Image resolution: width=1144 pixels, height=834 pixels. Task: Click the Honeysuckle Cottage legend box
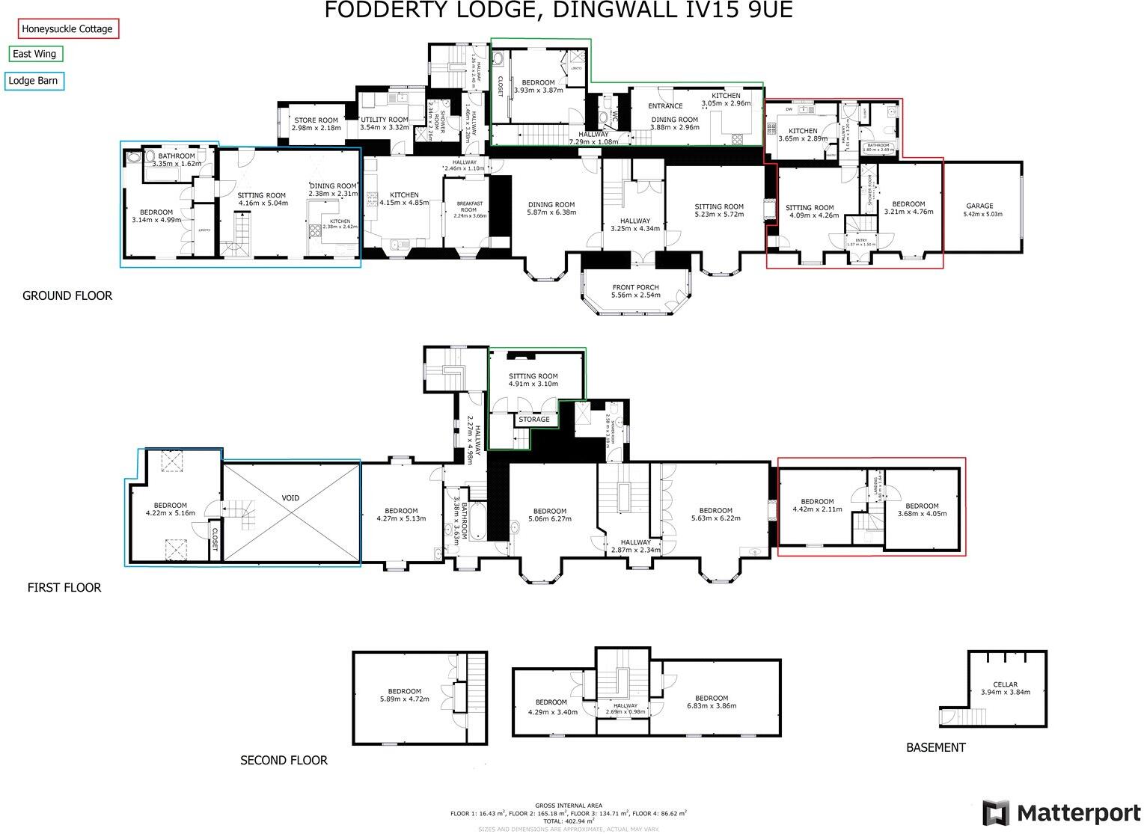coord(67,29)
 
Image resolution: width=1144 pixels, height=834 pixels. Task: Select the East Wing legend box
coord(35,54)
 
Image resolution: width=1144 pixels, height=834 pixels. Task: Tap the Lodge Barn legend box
coord(33,81)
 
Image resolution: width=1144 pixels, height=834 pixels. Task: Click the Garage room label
coord(979,206)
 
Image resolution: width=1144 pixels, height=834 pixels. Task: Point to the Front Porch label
coord(635,287)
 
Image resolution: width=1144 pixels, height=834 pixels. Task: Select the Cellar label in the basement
coord(1005,684)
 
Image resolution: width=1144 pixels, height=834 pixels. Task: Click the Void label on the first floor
coord(290,498)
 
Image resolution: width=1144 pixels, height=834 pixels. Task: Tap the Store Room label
coord(316,120)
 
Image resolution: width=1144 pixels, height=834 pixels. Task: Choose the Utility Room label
coord(385,120)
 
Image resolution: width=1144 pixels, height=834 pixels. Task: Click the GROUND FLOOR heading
coord(67,295)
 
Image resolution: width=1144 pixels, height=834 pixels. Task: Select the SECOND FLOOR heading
coord(284,760)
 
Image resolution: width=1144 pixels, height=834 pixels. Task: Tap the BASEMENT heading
coord(935,747)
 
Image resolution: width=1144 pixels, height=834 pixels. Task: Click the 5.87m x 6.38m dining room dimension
coord(551,212)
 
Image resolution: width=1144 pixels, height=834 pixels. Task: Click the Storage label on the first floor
coord(534,420)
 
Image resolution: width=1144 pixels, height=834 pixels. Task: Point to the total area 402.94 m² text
coord(569,821)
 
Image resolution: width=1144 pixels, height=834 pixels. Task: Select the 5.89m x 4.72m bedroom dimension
coord(404,699)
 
